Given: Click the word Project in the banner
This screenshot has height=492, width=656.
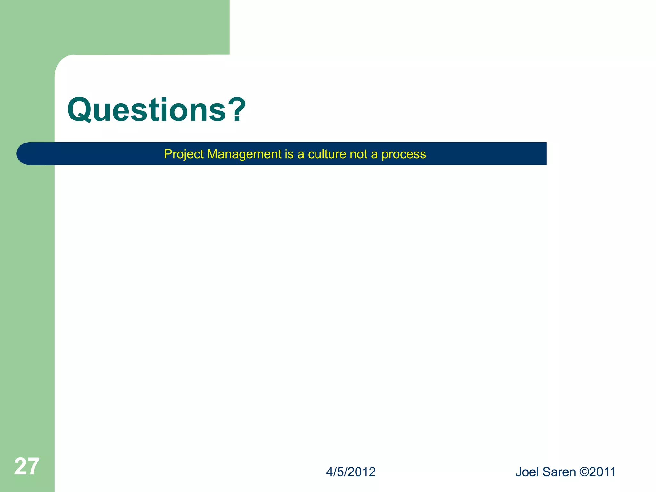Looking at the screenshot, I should [184, 154].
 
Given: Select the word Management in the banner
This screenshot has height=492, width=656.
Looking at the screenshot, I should [244, 154].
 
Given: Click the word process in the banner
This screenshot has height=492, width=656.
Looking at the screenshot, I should [404, 154].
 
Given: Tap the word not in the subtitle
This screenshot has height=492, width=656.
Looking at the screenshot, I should [359, 154].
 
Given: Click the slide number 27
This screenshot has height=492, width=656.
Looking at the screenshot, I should [27, 466].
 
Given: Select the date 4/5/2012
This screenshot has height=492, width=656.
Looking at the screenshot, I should [351, 472].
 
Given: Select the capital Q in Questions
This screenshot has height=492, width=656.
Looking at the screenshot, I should [79, 110].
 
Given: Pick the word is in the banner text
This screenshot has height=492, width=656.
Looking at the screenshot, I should [289, 154].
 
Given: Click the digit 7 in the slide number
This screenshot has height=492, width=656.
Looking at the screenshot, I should [33, 466].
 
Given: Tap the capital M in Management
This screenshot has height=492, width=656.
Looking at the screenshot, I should [213, 154].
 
